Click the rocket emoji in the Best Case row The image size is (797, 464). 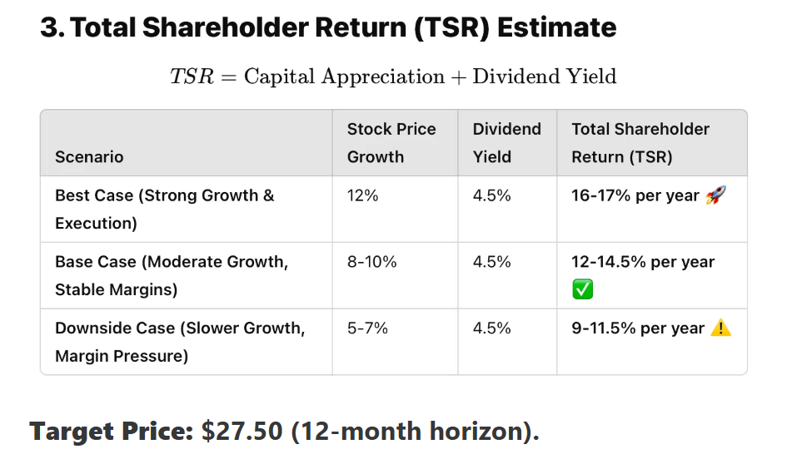(715, 195)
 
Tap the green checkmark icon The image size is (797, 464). (582, 289)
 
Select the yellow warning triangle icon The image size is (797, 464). (721, 328)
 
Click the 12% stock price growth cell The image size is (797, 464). (363, 195)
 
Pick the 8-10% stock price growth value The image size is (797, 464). (372, 262)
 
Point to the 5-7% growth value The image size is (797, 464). (368, 328)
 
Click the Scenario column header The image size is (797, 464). (89, 157)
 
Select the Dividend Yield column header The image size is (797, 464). (506, 143)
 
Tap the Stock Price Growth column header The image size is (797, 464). (391, 143)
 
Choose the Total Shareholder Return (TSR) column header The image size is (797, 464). (640, 143)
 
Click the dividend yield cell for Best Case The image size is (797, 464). (491, 195)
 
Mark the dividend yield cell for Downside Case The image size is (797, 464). (491, 328)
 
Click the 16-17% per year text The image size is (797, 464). (635, 195)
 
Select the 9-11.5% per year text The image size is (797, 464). (638, 328)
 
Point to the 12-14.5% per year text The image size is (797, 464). (643, 262)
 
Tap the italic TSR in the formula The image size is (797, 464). (192, 77)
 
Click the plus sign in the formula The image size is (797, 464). (458, 77)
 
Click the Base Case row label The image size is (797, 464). (172, 275)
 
